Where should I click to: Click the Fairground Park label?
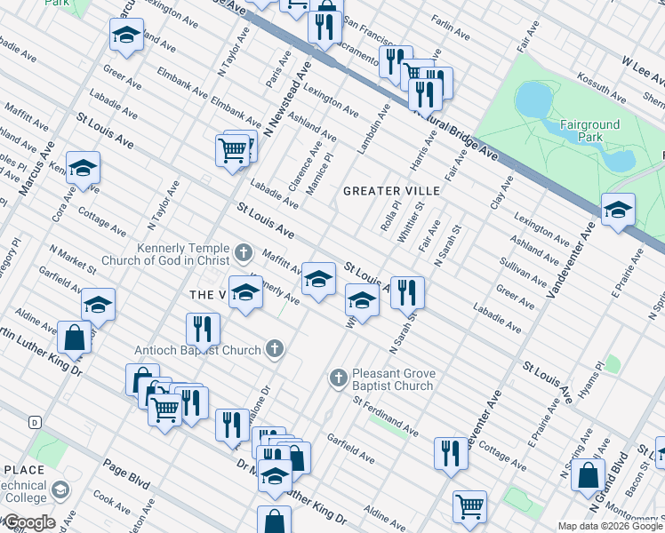[x=581, y=131]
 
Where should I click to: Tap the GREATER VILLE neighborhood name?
[x=391, y=191]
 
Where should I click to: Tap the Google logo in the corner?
[x=28, y=522]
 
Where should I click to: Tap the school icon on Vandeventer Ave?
[x=618, y=211]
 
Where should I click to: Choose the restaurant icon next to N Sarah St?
[x=407, y=290]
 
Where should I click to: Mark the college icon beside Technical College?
[x=60, y=489]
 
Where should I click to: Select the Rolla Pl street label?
[x=386, y=216]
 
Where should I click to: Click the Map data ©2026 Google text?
[x=611, y=526]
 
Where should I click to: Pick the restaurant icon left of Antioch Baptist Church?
[x=204, y=330]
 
